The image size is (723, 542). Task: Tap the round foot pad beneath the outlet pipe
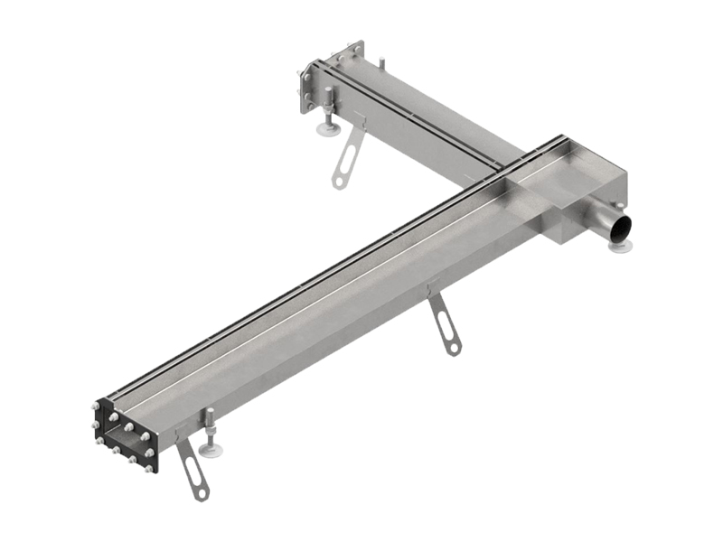tap(621, 245)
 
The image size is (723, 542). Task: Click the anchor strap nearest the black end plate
tap(192, 470)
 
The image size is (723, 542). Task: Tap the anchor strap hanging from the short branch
tap(346, 159)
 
